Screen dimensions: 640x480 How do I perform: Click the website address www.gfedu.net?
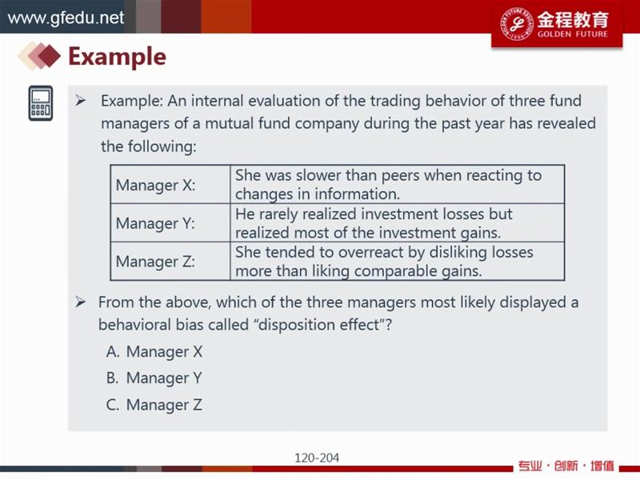pyautogui.click(x=66, y=18)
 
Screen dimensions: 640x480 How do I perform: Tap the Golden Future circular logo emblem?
pyautogui.click(x=517, y=24)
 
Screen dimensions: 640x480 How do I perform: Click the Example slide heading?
pyautogui.click(x=117, y=56)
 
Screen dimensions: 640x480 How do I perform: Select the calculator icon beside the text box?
pyautogui.click(x=41, y=103)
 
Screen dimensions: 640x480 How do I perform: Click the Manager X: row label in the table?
pyautogui.click(x=155, y=186)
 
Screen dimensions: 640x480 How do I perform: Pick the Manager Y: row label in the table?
pyautogui.click(x=155, y=223)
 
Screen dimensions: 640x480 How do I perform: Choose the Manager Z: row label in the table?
pyautogui.click(x=155, y=262)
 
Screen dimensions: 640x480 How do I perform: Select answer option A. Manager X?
pyautogui.click(x=154, y=351)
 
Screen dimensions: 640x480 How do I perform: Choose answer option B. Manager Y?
pyautogui.click(x=154, y=378)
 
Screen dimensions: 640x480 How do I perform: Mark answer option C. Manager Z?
pyautogui.click(x=154, y=405)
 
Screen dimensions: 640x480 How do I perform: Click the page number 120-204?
pyautogui.click(x=317, y=458)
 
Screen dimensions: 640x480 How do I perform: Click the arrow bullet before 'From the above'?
pyautogui.click(x=81, y=302)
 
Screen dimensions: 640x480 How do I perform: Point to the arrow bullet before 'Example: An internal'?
pyautogui.click(x=81, y=101)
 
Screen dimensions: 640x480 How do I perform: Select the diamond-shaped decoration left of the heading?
pyautogui.click(x=39, y=55)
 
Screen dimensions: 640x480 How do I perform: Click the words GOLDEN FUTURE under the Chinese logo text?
pyautogui.click(x=573, y=34)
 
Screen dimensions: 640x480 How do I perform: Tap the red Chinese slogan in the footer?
pyautogui.click(x=566, y=466)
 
